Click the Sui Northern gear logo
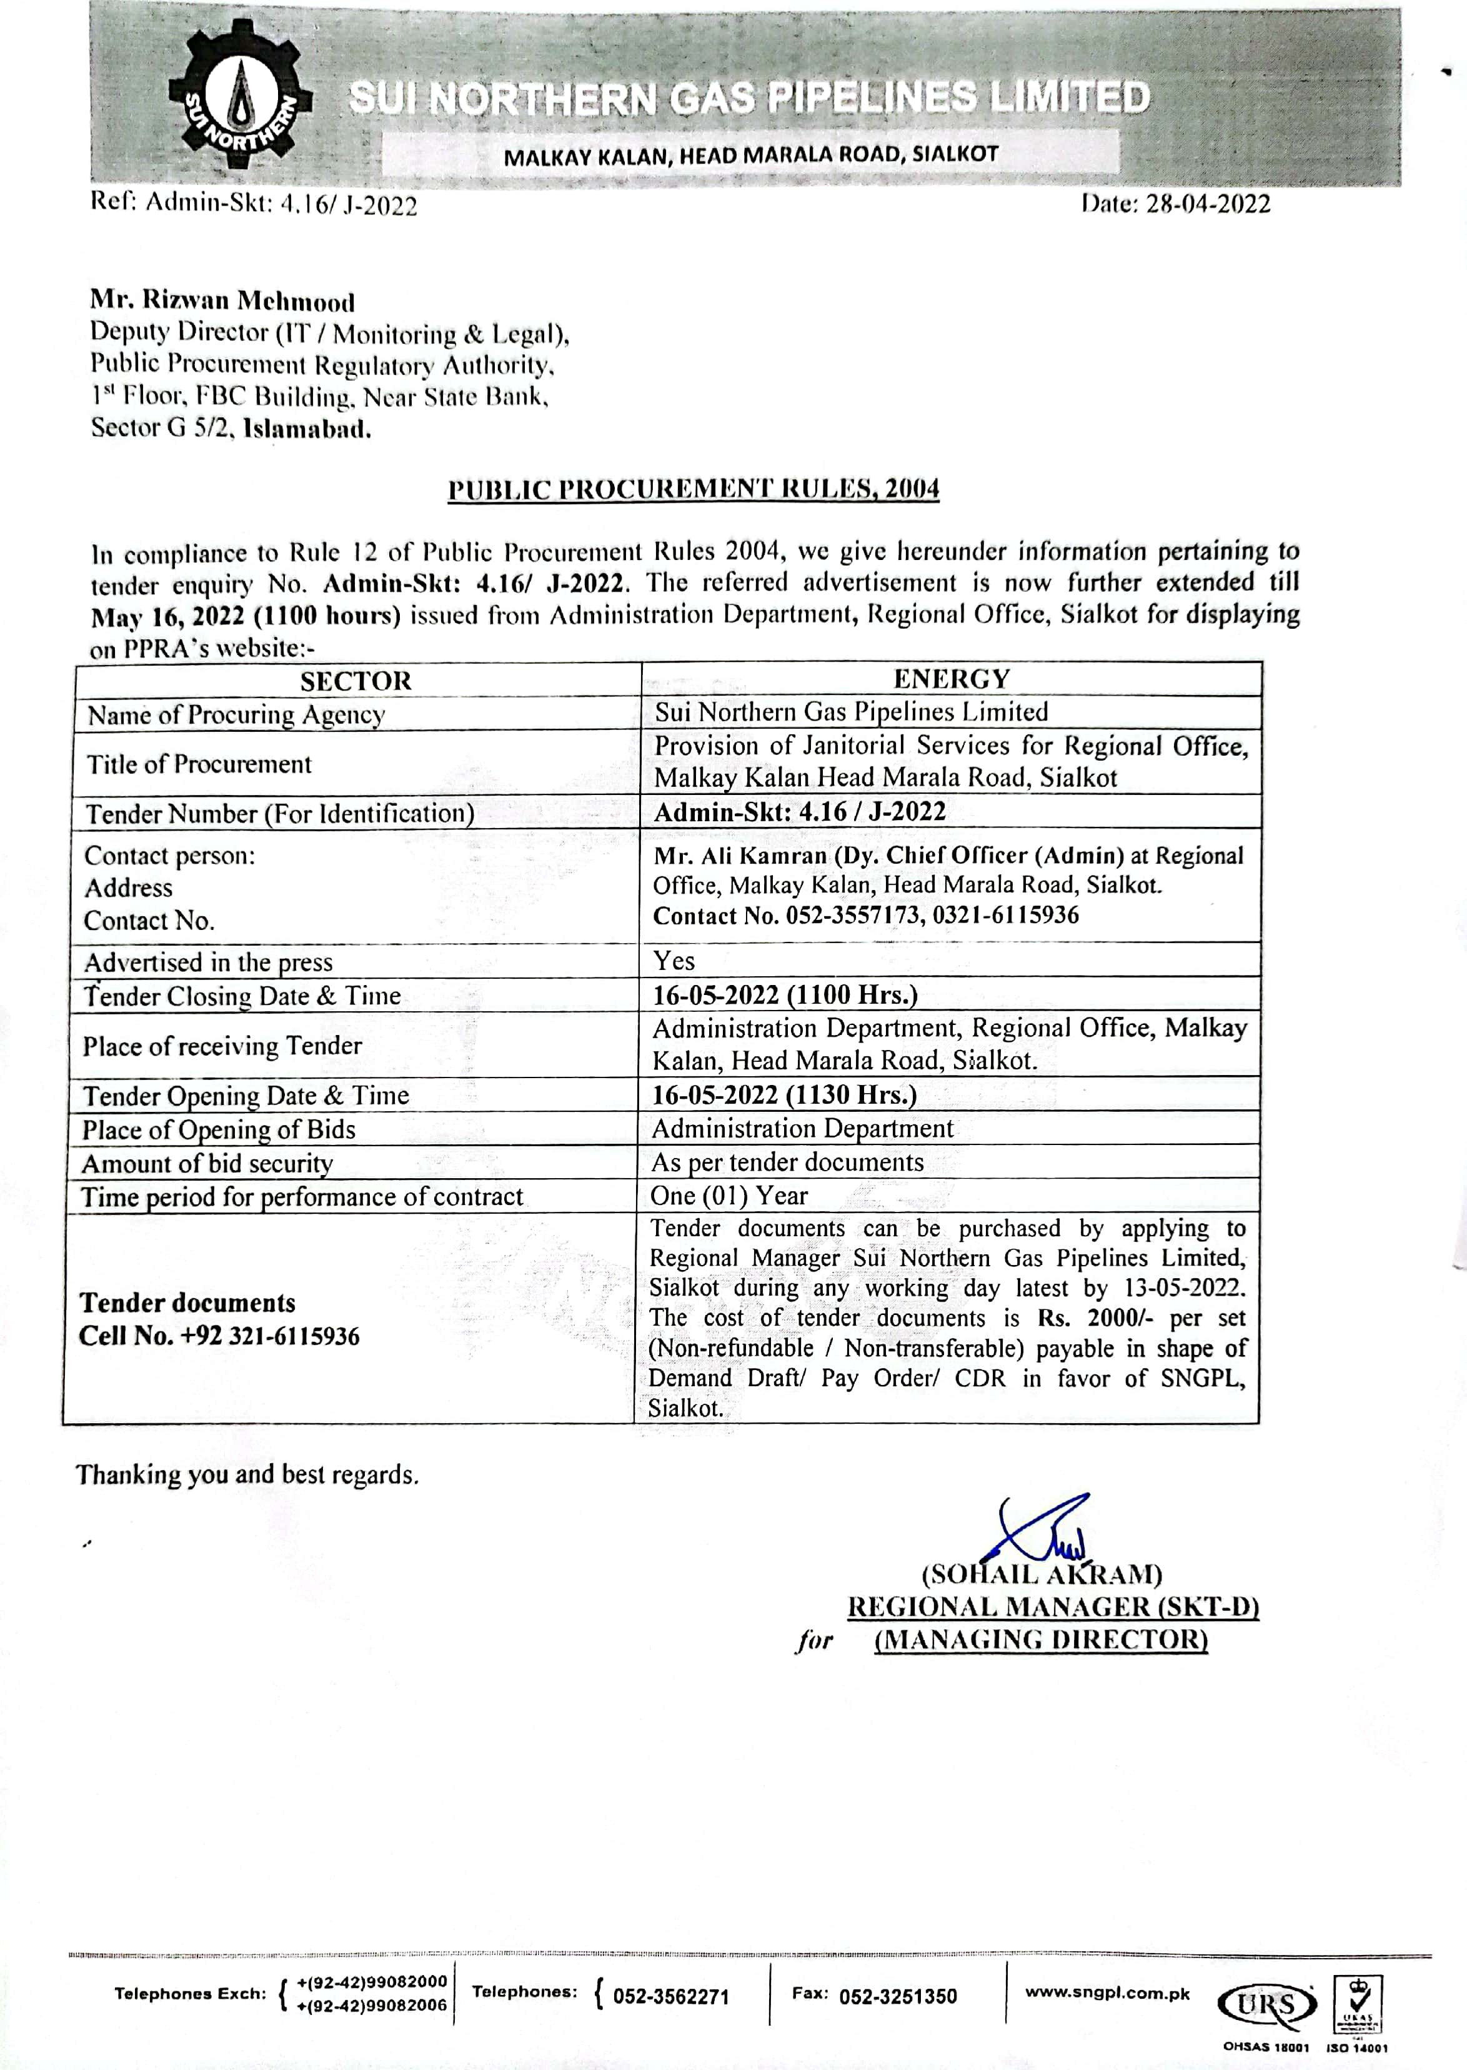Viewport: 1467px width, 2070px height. tap(239, 99)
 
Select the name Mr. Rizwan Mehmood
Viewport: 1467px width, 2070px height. tap(222, 301)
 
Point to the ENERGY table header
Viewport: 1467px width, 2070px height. tap(951, 679)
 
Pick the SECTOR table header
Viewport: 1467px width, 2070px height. tap(356, 681)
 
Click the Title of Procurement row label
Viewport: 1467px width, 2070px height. tap(199, 764)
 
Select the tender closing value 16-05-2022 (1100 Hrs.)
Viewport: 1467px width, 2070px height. tap(785, 995)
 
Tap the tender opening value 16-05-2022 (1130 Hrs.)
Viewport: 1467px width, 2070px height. tap(784, 1095)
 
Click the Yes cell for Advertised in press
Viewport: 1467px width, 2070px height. tap(674, 961)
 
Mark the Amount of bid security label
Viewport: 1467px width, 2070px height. tap(208, 1164)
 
